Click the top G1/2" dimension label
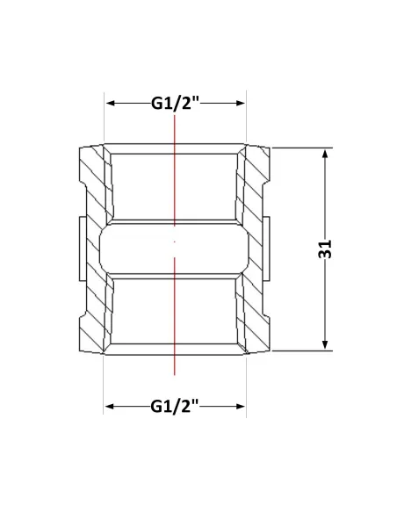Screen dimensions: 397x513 point(175,103)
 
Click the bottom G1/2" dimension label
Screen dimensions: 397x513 point(175,407)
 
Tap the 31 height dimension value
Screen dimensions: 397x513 point(325,249)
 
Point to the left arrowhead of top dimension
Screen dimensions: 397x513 point(111,103)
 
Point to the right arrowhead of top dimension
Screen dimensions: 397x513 point(240,103)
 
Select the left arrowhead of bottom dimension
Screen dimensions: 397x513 point(110,407)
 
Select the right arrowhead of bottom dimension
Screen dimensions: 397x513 point(240,407)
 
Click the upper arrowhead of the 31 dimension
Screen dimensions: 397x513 point(325,154)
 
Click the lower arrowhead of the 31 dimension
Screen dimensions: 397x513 point(325,345)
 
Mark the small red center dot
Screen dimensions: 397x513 point(175,242)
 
